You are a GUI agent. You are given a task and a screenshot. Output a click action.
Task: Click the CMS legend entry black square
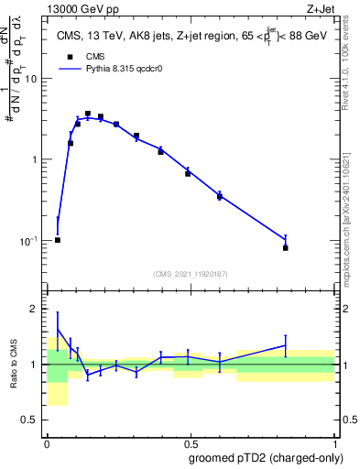[x=68, y=56]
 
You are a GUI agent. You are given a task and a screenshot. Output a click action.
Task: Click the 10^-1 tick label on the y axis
[x=30, y=240]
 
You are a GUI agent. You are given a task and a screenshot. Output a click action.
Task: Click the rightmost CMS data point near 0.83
[x=286, y=247]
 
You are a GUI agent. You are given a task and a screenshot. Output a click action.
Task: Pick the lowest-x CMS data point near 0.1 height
[x=58, y=240]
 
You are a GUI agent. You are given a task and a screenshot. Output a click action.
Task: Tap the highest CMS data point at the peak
[x=88, y=114]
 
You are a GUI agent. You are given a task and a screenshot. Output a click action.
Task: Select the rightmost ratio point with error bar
[x=286, y=345]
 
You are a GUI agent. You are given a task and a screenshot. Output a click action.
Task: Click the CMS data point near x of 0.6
[x=220, y=197]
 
